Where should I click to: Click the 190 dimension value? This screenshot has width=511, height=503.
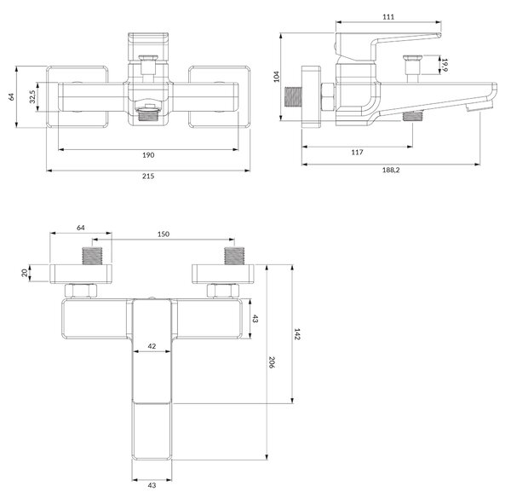click(x=148, y=155)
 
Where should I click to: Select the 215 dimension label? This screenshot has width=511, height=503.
click(x=148, y=176)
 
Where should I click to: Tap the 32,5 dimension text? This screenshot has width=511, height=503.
click(x=32, y=97)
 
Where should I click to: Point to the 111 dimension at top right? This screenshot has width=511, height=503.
click(x=388, y=17)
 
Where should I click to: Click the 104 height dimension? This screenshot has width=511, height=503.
click(x=276, y=77)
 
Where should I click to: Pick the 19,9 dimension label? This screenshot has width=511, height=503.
click(x=445, y=65)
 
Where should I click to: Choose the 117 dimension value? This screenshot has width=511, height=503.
click(x=357, y=152)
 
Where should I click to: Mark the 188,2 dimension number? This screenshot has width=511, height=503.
click(x=391, y=170)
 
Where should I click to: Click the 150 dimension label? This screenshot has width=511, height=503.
click(x=164, y=234)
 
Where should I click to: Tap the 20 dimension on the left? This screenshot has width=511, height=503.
click(x=25, y=273)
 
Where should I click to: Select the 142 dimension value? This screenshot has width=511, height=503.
click(x=297, y=334)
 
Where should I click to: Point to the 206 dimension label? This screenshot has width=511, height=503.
click(x=272, y=362)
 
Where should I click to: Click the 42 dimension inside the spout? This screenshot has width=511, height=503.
click(x=152, y=346)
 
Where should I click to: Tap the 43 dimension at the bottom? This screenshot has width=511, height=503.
click(x=152, y=485)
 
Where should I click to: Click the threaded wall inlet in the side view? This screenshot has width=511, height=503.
click(x=293, y=97)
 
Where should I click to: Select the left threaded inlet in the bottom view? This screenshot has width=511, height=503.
click(x=92, y=256)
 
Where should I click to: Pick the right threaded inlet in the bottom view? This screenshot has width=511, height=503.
click(x=234, y=256)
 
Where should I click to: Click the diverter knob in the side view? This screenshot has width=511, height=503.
click(x=412, y=69)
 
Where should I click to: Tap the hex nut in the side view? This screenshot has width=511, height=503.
click(x=328, y=97)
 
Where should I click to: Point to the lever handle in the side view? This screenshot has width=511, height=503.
click(x=388, y=46)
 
